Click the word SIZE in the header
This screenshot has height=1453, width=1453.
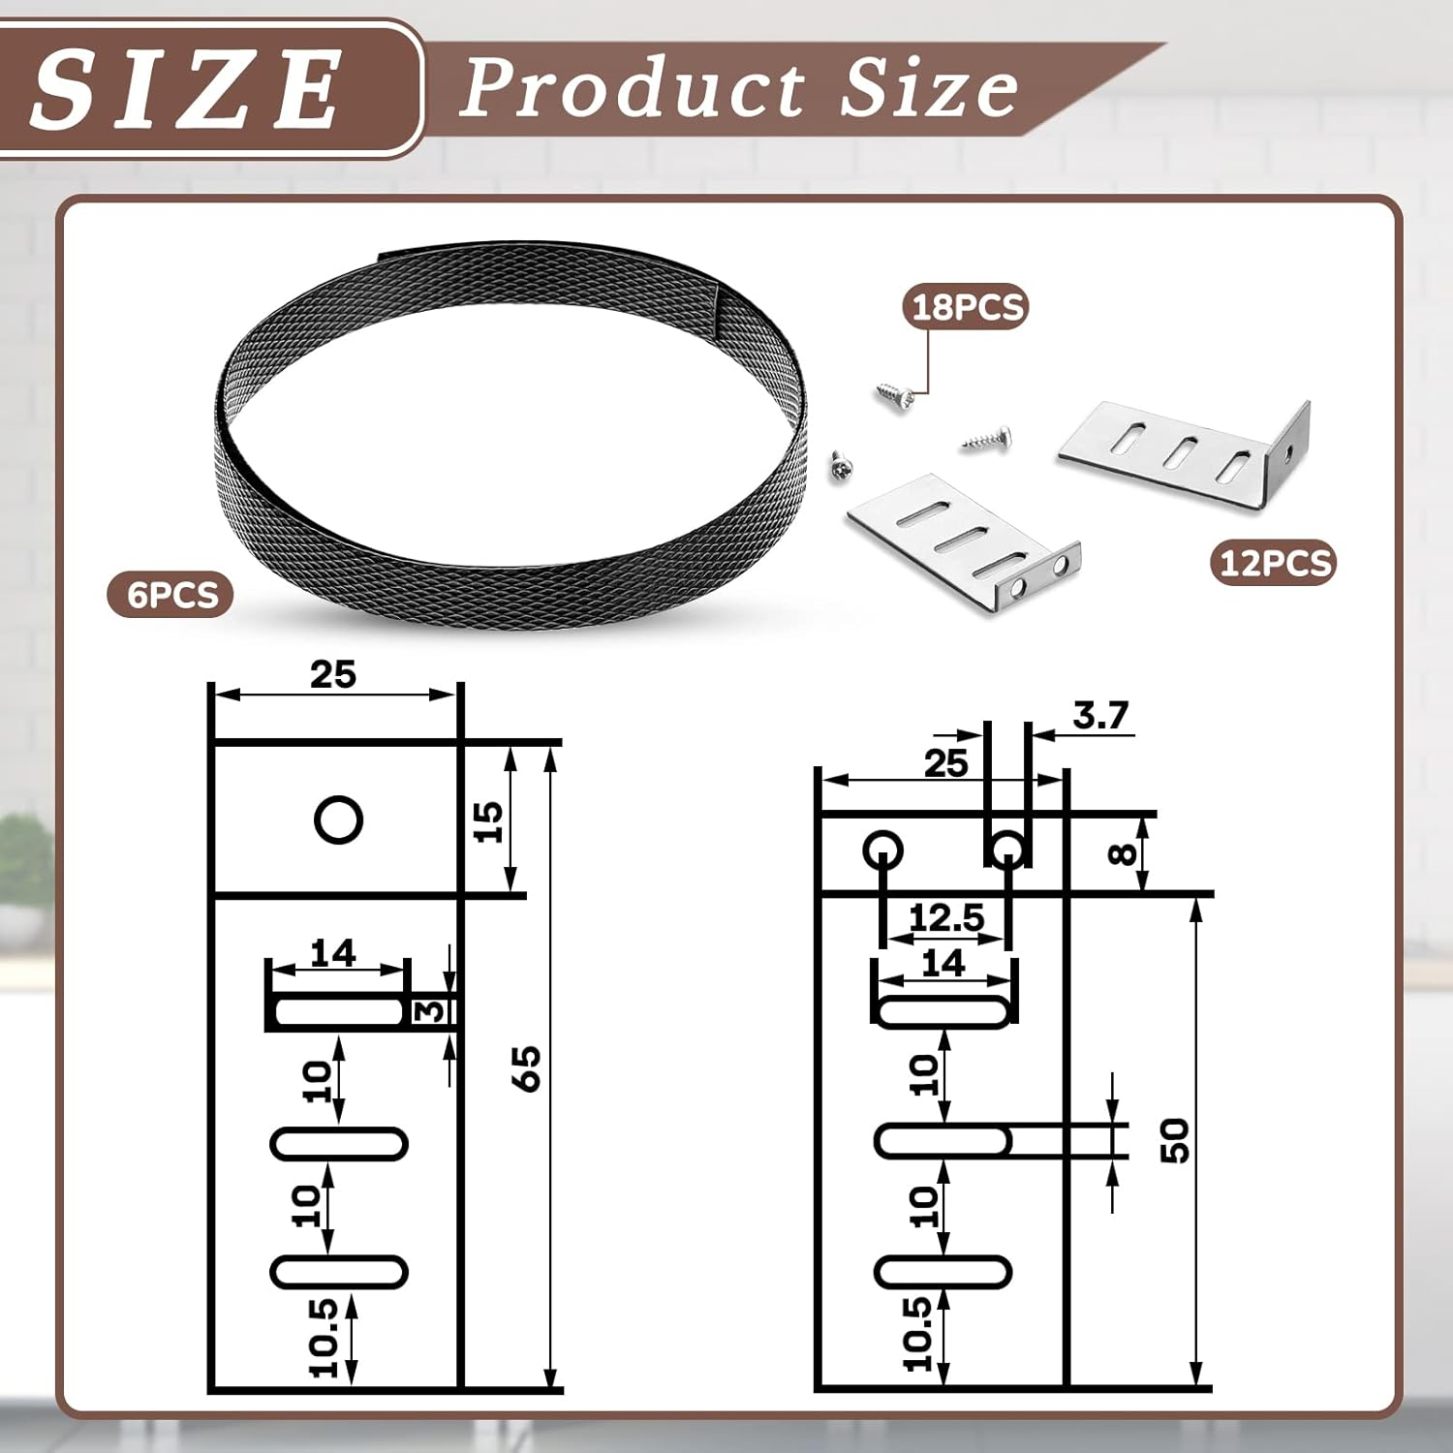(184, 89)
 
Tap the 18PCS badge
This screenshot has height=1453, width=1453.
(967, 307)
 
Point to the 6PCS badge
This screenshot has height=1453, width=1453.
(171, 594)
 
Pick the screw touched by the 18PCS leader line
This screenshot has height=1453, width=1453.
(894, 395)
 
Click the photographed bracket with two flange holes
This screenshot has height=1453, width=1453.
(964, 539)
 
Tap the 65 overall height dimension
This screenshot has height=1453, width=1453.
(527, 1068)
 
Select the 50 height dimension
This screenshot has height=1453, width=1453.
(1174, 1140)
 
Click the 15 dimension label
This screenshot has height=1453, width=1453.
(489, 821)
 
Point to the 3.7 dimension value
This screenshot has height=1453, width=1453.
(1100, 716)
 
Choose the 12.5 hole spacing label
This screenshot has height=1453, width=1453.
(945, 917)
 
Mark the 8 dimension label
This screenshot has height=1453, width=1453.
(1122, 853)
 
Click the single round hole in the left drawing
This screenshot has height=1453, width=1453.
(338, 820)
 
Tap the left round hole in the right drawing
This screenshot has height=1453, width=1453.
(882, 851)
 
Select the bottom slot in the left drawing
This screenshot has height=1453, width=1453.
(338, 1272)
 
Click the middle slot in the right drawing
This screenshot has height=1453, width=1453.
(943, 1141)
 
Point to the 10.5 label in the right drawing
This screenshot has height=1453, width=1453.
(916, 1335)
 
